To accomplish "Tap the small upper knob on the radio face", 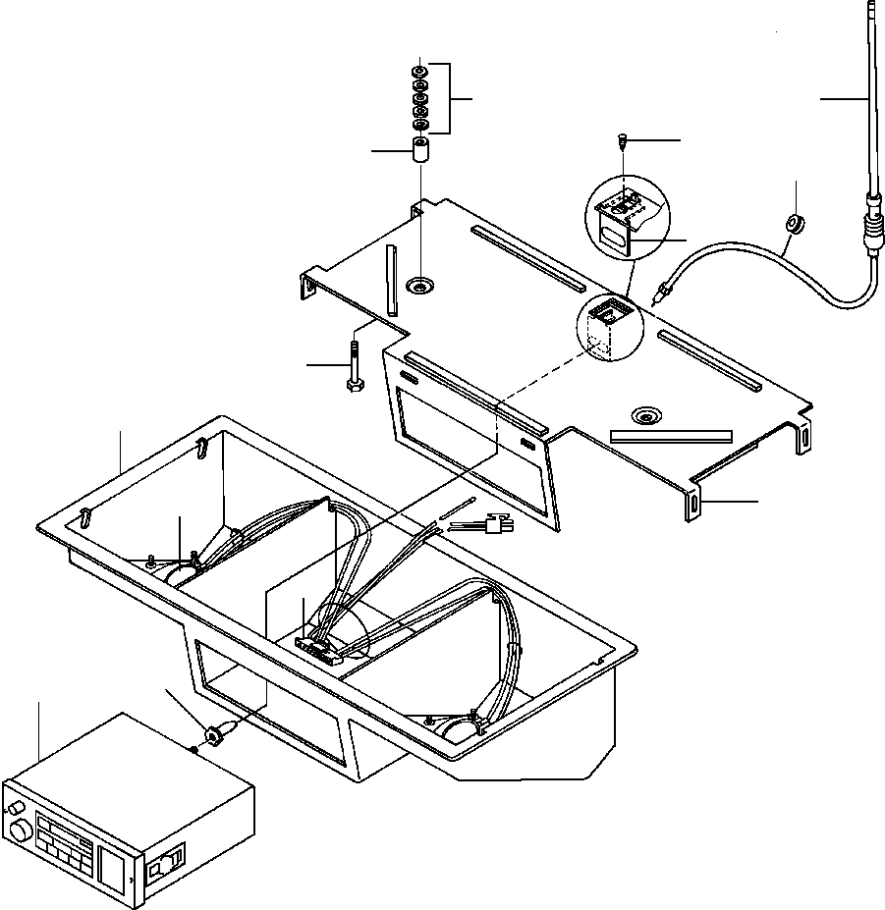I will pyautogui.click(x=13, y=806).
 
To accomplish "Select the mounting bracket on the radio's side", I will pyautogui.click(x=162, y=864).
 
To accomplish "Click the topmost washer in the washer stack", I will pyautogui.click(x=420, y=74).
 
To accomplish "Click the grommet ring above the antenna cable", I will pyautogui.click(x=795, y=223).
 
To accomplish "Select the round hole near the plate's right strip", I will pyautogui.click(x=645, y=415).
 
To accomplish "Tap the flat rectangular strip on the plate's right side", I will pyautogui.click(x=671, y=434).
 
